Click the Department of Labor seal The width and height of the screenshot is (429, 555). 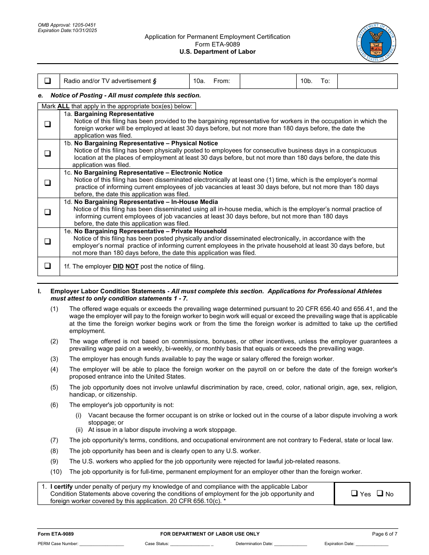376,43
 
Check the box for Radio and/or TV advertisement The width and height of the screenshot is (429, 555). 47,81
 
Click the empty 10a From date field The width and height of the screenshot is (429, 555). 268,81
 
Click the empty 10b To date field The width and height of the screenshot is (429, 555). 367,81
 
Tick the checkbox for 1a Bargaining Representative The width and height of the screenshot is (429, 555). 47,125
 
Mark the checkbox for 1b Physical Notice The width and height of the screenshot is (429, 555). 47,153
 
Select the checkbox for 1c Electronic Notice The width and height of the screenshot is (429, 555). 47,183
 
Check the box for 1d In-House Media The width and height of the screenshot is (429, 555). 47,212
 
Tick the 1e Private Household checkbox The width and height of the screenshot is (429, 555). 47,241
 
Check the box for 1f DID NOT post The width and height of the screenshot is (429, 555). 47,266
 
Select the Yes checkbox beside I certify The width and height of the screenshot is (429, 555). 354,494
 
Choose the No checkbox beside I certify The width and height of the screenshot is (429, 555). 380,494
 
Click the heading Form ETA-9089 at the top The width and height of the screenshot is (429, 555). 217,44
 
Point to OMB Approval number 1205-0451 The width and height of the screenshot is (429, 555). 84,25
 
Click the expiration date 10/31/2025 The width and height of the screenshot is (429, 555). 84,31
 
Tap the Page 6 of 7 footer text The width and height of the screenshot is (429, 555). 384,534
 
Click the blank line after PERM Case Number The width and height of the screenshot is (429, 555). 102,544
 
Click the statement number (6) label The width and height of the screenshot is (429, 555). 54,405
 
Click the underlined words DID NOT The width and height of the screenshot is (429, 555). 126,267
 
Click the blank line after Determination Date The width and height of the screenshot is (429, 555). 290,544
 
